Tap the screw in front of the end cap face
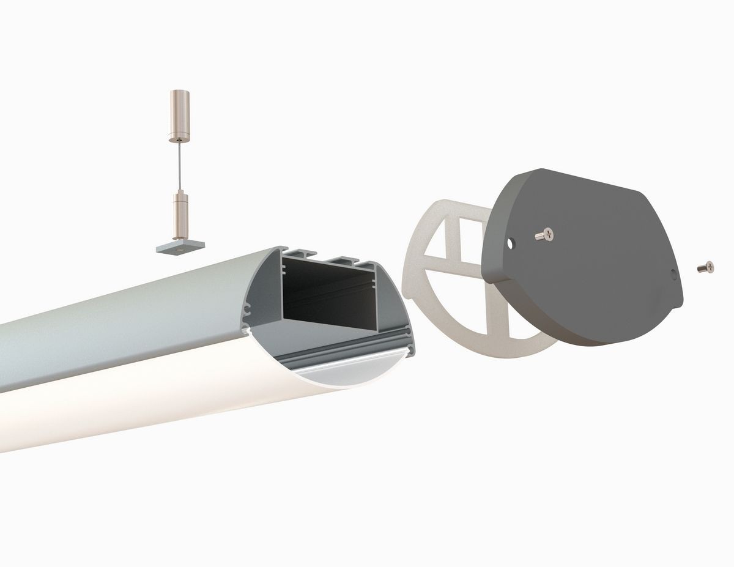(x=543, y=234)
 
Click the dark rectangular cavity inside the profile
(x=330, y=294)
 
